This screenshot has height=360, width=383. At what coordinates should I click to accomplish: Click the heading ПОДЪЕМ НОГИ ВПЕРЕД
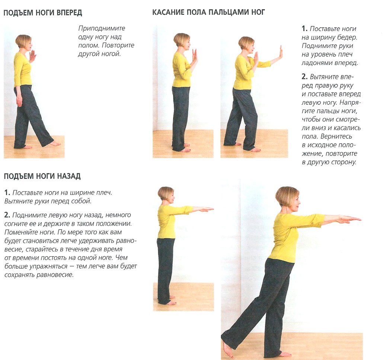pyautogui.click(x=42, y=13)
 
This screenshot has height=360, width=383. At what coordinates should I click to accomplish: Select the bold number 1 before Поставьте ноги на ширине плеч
pyautogui.click(x=7, y=193)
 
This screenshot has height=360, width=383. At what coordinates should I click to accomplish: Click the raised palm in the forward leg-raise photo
pyautogui.click(x=33, y=56)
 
